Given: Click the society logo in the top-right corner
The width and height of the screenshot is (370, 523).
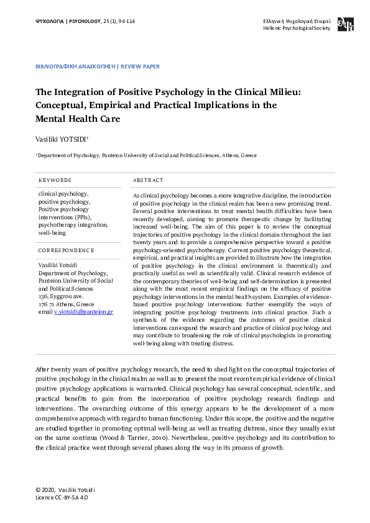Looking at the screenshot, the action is [345, 25].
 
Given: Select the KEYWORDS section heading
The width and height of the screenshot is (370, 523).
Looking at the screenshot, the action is [55, 180].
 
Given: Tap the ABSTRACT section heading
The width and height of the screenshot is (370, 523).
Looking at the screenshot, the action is [148, 180].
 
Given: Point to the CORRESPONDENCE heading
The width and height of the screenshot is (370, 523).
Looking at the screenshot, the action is [66, 250].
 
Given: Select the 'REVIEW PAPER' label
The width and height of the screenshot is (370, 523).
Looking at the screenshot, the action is [140, 66].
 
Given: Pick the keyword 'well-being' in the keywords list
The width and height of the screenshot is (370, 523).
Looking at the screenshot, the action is [52, 233].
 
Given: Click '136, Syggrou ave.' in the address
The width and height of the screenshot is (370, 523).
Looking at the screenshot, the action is [61, 296].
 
